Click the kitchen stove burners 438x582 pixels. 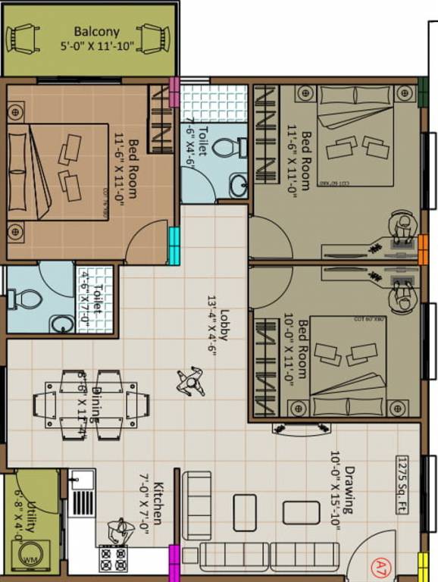pyautogui.click(x=114, y=559)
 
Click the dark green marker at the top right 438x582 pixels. pyautogui.click(x=423, y=92)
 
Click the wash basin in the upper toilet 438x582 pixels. pyautogui.click(x=239, y=183)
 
